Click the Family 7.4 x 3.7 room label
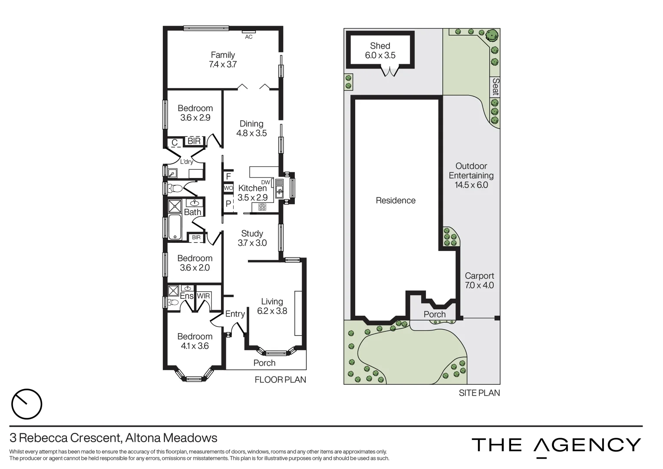tap(223, 59)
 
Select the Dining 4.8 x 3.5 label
tap(251, 129)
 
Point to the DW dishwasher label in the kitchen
tap(266, 182)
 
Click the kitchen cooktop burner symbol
tap(262, 207)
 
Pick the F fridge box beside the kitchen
tap(228, 177)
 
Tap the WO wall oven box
tap(228, 188)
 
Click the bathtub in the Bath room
tap(175, 227)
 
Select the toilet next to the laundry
tap(175, 188)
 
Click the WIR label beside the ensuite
tap(204, 296)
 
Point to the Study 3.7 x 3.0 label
tap(252, 238)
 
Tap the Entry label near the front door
tap(235, 314)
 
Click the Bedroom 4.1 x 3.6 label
tap(195, 341)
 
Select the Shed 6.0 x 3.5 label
tap(380, 50)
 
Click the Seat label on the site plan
tap(495, 87)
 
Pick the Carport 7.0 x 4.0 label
tap(479, 281)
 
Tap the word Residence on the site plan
tap(396, 201)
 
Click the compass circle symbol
tap(26, 404)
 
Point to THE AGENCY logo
tap(556, 445)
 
